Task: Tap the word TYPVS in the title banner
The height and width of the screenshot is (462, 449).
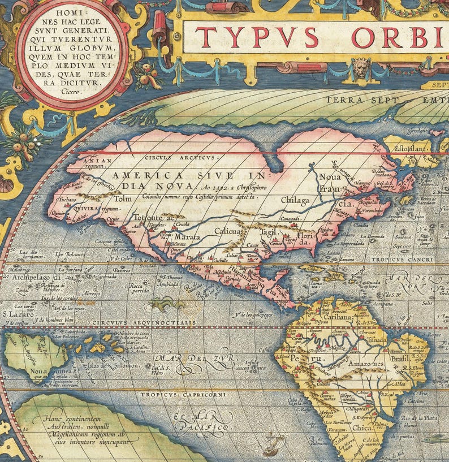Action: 257,38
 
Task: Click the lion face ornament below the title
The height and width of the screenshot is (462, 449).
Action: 361,68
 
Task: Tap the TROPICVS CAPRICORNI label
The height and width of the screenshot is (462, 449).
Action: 183,394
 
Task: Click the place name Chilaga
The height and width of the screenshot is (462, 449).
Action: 295,201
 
